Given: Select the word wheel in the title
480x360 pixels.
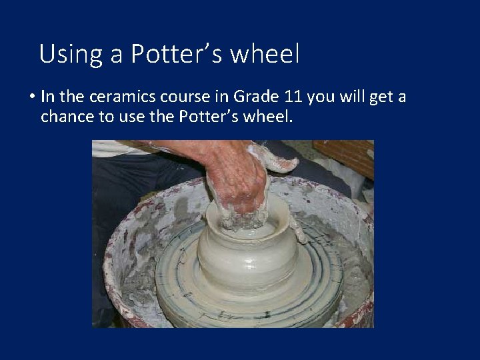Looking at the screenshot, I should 265,54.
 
